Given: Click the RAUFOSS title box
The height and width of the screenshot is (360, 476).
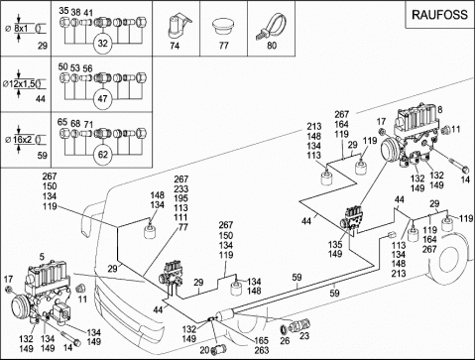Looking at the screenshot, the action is coord(440,15).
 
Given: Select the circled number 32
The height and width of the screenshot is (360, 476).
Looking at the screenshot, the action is coord(103,44).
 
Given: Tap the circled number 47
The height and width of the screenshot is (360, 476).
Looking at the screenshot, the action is coord(103,99).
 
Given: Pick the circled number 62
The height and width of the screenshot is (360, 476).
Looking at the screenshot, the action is coord(103,155).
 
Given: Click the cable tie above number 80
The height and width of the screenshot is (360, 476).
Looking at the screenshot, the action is coord(271,27).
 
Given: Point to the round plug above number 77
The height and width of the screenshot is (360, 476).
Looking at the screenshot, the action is coord(223,26).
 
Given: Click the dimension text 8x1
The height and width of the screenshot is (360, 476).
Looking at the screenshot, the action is coord(21,28).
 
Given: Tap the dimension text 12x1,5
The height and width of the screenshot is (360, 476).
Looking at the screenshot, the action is coord(22,84).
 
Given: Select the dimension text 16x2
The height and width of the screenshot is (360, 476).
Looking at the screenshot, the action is coord(23,140).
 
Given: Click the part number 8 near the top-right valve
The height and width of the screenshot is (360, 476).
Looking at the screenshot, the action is coord(439,109).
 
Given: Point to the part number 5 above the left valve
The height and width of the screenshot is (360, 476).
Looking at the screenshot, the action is coord(42,256).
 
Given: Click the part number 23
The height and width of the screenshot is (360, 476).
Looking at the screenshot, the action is coord(304,336).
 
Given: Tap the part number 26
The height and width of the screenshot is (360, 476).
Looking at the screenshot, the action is coord(285,340).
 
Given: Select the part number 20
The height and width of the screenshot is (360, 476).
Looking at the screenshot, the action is coord(204,350).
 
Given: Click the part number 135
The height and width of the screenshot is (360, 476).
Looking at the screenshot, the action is coord(335,245).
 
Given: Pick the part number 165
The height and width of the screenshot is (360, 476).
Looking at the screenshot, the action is coord(261,340).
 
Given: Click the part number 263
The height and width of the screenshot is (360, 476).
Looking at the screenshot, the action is coord(261,350).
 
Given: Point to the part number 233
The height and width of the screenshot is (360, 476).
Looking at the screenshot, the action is coord(181,189).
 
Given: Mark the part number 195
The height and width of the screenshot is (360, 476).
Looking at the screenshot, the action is coord(181,198).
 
